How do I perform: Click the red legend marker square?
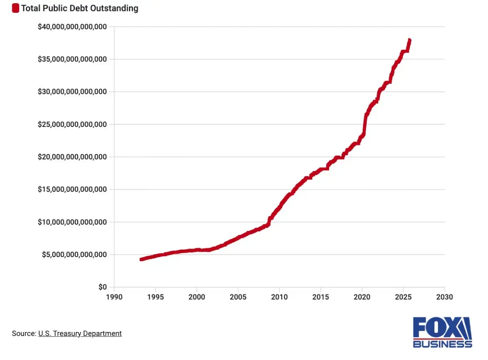pyautogui.click(x=15, y=8)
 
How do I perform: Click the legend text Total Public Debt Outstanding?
pyautogui.click(x=79, y=8)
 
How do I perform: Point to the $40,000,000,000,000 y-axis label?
pyautogui.click(x=72, y=27)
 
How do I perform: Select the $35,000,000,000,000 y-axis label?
pyautogui.click(x=72, y=59)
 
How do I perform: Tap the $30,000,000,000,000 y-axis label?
pyautogui.click(x=72, y=92)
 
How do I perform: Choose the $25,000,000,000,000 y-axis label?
pyautogui.click(x=72, y=124)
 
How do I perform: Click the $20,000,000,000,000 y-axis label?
pyautogui.click(x=72, y=157)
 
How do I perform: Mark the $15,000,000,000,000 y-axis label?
pyautogui.click(x=72, y=190)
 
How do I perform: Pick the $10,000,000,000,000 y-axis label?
pyautogui.click(x=72, y=222)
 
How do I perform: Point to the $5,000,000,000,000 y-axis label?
pyautogui.click(x=74, y=255)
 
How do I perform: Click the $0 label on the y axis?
pyautogui.click(x=102, y=287)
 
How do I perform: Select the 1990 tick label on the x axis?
pyautogui.click(x=114, y=297)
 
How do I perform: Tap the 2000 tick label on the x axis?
pyautogui.click(x=196, y=297)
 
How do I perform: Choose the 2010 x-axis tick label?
pyautogui.click(x=279, y=297)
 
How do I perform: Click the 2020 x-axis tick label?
pyautogui.click(x=362, y=297)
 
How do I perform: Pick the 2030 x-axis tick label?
pyautogui.click(x=444, y=297)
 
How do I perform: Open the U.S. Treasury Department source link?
pyautogui.click(x=80, y=334)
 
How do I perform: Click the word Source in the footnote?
pyautogui.click(x=24, y=334)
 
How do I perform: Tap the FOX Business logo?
pyautogui.click(x=442, y=333)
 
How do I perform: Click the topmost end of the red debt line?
pyautogui.click(x=410, y=40)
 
